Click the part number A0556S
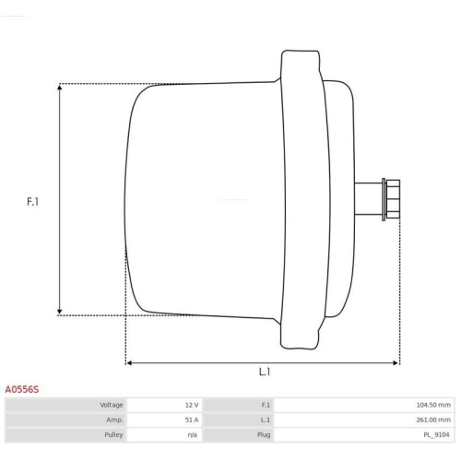(x=22, y=389)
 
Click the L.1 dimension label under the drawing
(x=264, y=372)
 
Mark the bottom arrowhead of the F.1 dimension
(x=60, y=311)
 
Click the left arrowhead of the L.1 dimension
(x=130, y=362)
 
